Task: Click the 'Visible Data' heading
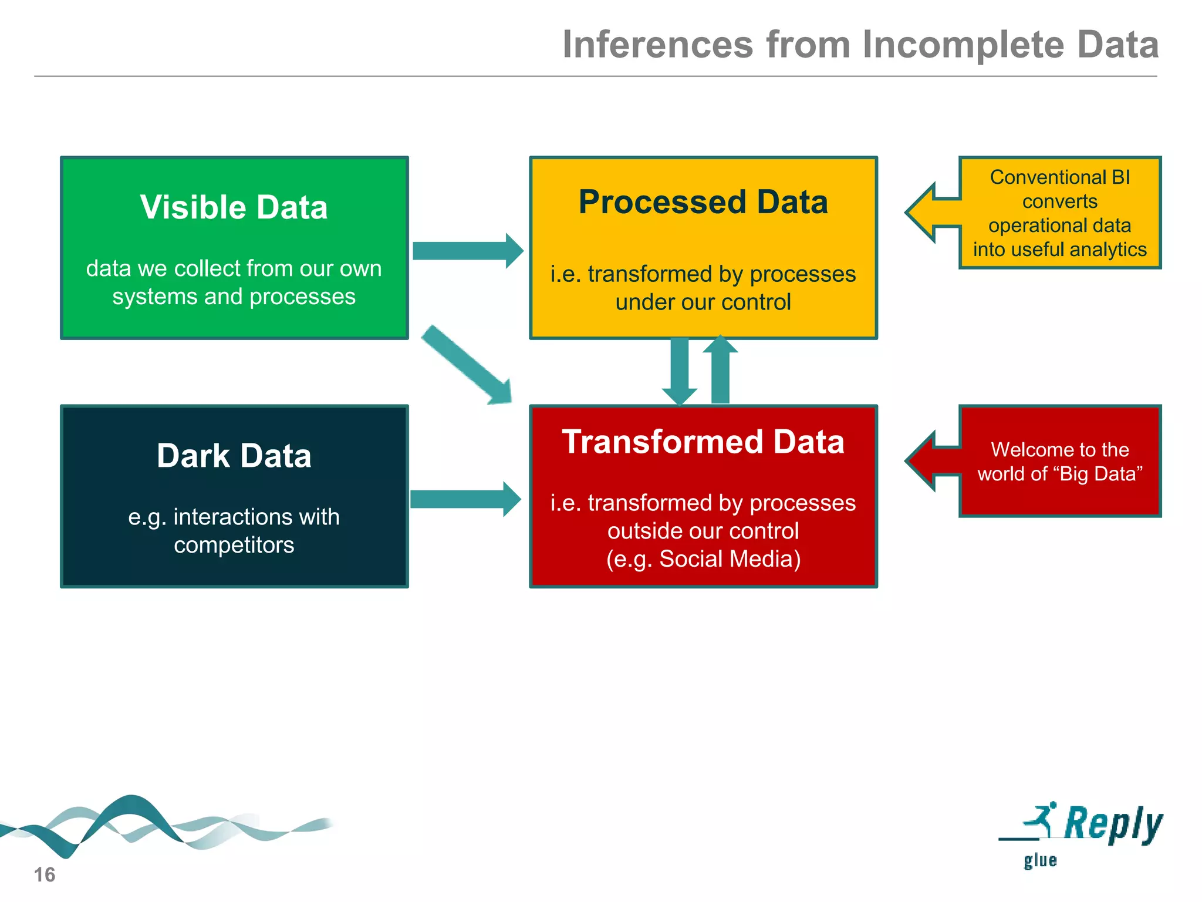tap(234, 207)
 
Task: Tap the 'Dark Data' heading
tap(234, 456)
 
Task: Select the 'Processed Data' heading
tap(703, 202)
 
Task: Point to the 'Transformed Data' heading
tap(703, 442)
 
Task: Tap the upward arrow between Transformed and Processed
tap(720, 370)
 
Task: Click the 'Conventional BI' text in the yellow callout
tap(1059, 177)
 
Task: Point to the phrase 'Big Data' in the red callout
tap(1098, 474)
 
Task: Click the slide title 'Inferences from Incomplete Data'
tap(860, 45)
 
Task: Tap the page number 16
tap(44, 874)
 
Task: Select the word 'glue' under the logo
tap(1040, 861)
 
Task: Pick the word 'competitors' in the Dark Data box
tap(234, 545)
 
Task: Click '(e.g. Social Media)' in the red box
tap(703, 559)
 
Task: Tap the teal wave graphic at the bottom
tap(135, 825)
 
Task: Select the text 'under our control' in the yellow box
tap(703, 302)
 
